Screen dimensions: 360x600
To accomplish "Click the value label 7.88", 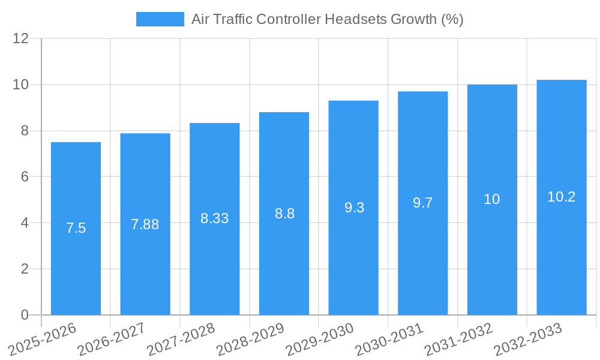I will pos(145,224).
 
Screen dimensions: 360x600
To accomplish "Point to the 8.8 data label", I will pos(284,214).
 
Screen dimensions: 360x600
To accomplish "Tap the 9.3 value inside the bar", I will pos(354,208).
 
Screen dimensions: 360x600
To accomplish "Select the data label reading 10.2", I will pos(562,197).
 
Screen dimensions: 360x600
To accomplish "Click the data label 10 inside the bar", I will pos(492,199).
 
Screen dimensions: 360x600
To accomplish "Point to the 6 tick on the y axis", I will pos(25,177).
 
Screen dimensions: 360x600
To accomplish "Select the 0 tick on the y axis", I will pos(25,315).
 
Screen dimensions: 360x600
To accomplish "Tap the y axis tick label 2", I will pos(25,269).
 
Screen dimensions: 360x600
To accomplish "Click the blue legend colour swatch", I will pos(160,19).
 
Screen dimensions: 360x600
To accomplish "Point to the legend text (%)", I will pos(452,19).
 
